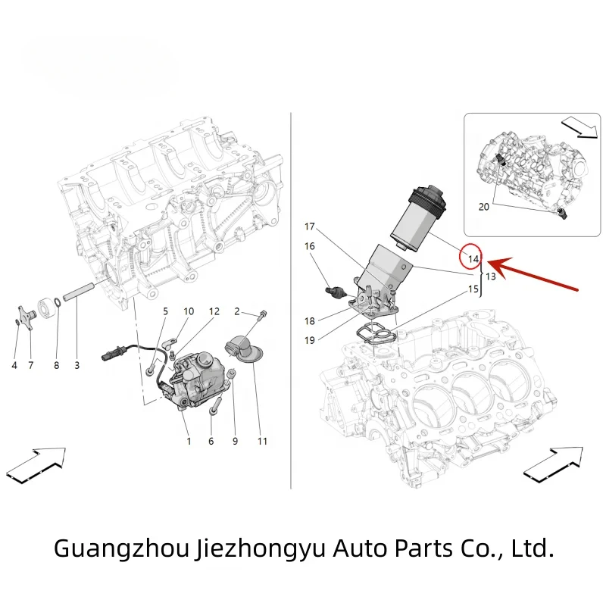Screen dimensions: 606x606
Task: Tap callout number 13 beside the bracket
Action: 491,276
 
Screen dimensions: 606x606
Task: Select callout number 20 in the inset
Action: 483,206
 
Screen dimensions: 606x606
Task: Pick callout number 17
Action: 309,226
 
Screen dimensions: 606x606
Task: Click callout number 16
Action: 309,246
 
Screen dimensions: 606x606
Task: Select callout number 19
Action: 309,340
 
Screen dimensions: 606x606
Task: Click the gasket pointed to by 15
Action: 373,333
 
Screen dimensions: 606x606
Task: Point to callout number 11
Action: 263,441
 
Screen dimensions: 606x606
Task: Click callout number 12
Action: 214,311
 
